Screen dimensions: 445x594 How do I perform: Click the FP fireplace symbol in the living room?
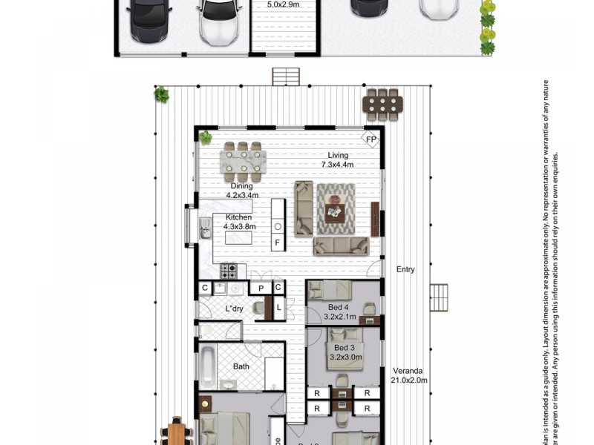(371, 139)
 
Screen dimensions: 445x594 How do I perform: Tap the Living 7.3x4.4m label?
(337, 160)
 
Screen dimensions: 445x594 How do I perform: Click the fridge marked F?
(278, 243)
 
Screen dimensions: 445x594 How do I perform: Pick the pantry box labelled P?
(261, 288)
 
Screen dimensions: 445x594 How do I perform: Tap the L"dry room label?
(234, 309)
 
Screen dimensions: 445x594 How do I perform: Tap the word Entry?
(405, 269)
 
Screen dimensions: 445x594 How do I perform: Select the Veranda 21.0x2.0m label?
(409, 376)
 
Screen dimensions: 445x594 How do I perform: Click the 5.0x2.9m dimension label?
(283, 4)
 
